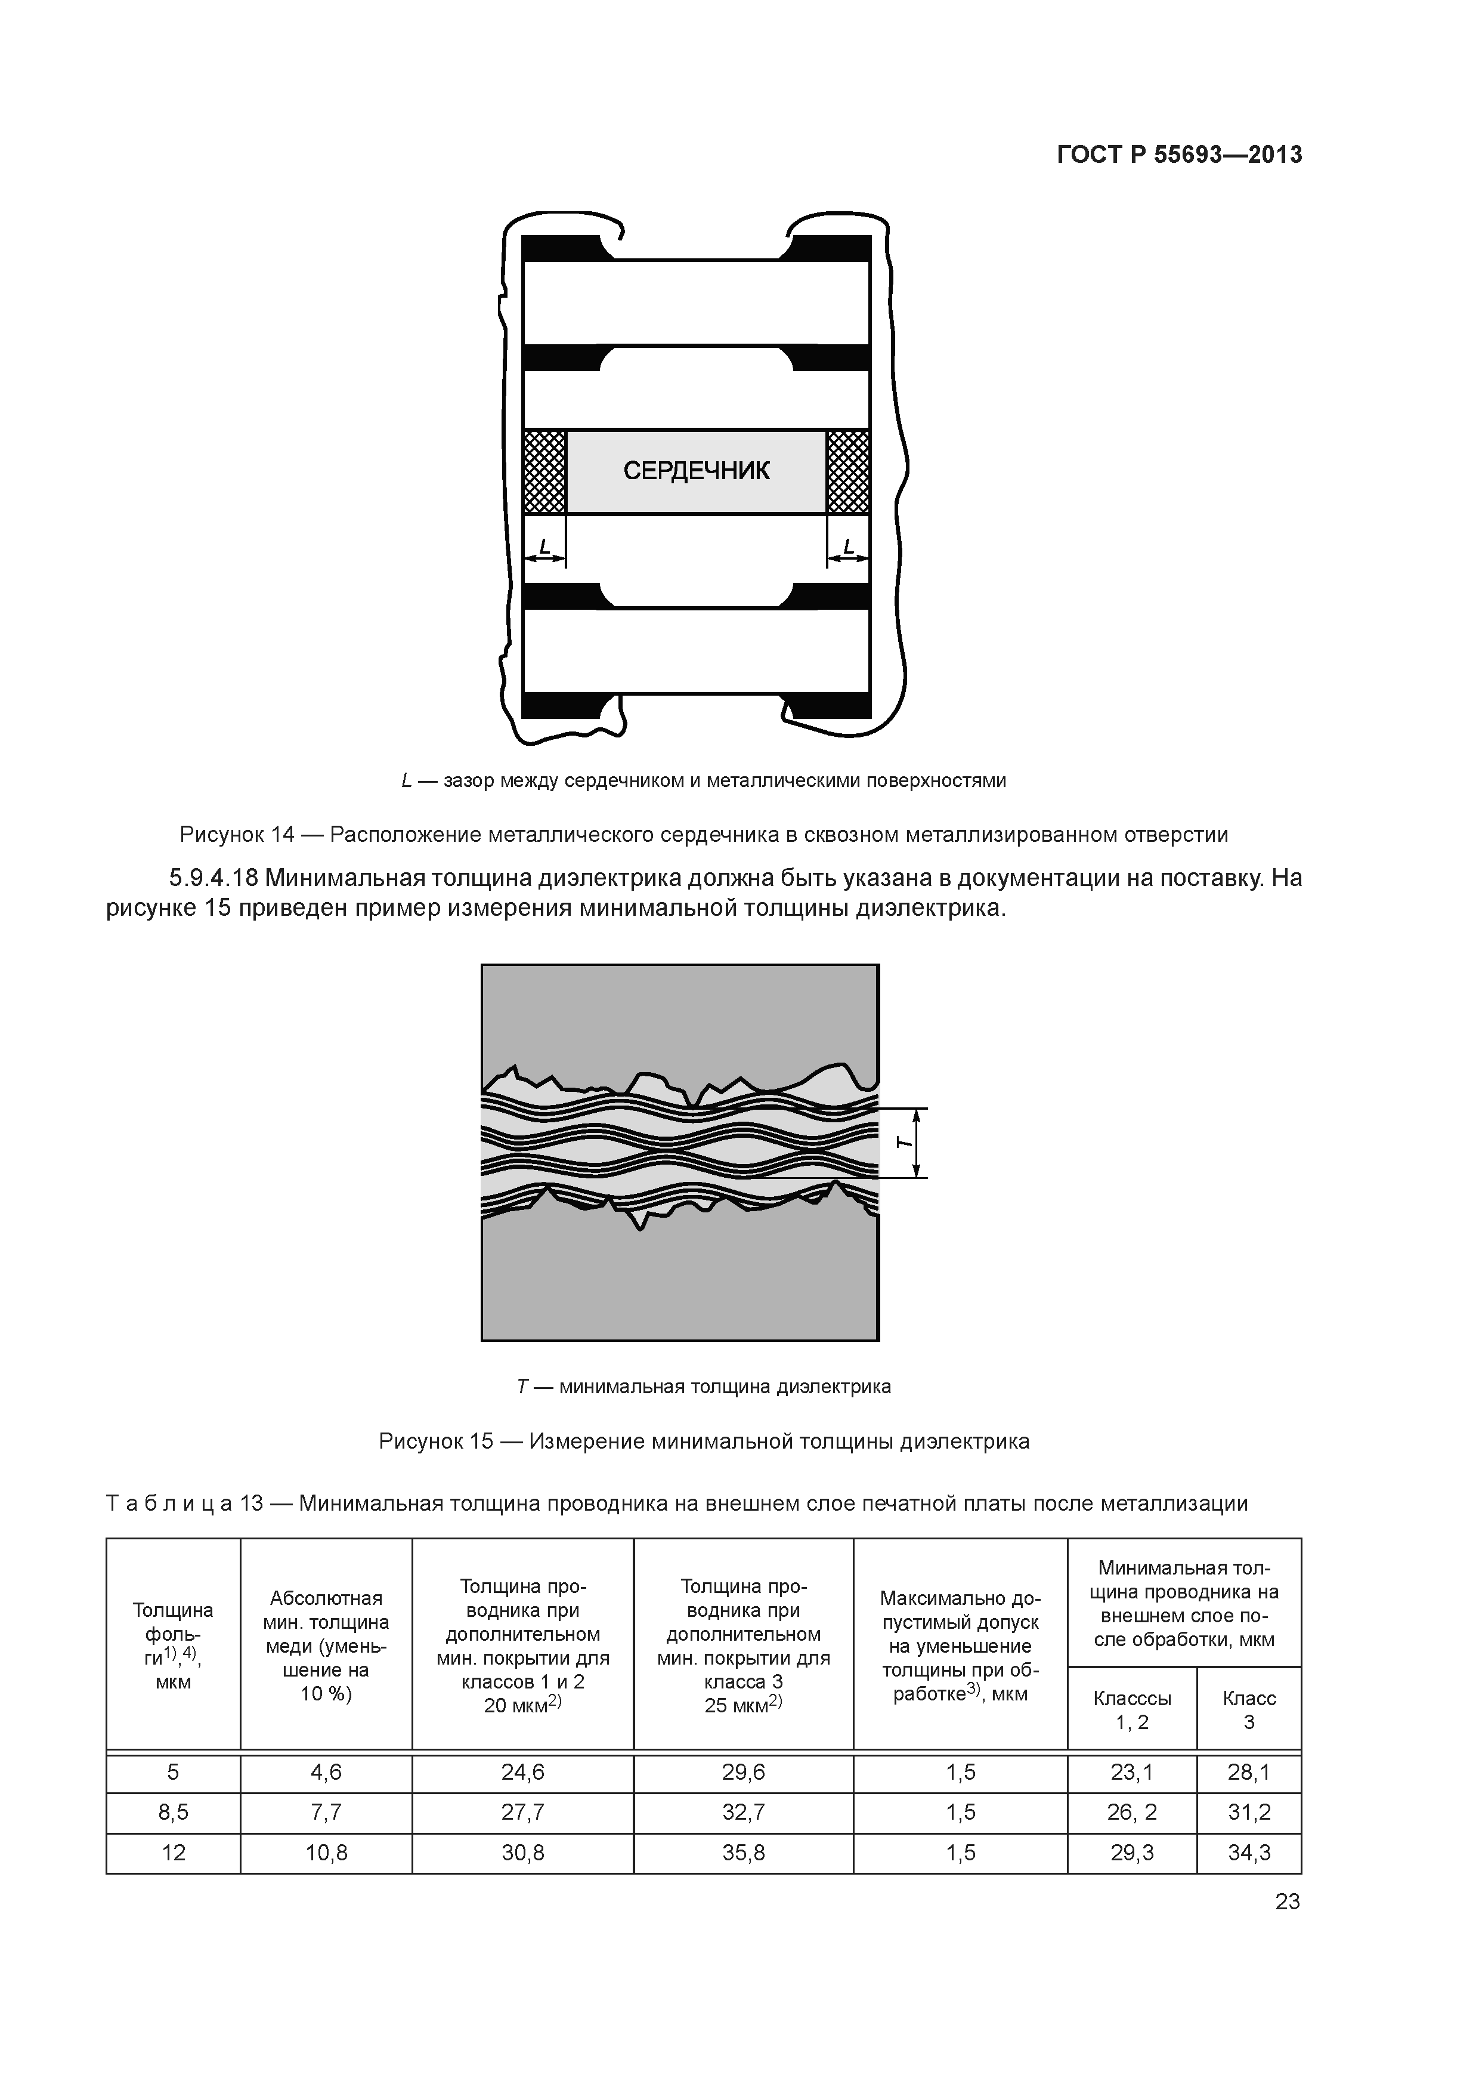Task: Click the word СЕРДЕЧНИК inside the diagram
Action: pos(696,470)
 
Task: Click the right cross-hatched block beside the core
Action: pos(847,471)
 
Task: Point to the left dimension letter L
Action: pos(544,547)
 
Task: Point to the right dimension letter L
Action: pos(849,547)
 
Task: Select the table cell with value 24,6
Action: pos(522,1772)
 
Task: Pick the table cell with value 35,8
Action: pos(744,1853)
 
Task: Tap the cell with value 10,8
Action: pos(326,1853)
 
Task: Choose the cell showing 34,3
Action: pos(1248,1853)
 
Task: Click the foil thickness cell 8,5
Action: pos(173,1812)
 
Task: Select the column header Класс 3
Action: pos(1248,1710)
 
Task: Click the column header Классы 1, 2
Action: pos(1132,1710)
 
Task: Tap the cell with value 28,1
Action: pos(1248,1772)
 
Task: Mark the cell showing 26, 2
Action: pos(1132,1812)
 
